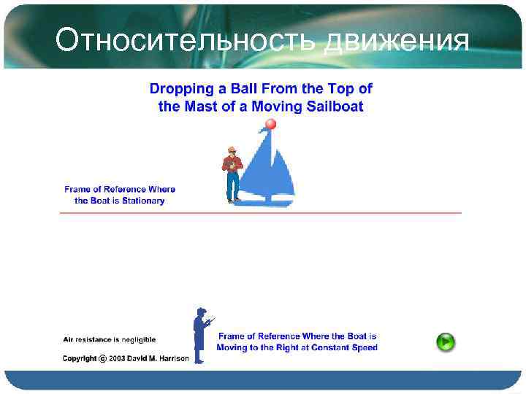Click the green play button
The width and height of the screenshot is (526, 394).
coord(446,341)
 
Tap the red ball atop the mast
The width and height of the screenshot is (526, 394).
coord(271,125)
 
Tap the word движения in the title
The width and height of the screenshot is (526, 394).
coord(395,41)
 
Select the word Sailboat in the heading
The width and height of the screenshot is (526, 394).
coord(337,107)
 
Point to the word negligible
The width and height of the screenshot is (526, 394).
coord(134,340)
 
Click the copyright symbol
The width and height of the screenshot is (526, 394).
coord(103,358)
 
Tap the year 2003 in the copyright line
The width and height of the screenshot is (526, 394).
coord(121,358)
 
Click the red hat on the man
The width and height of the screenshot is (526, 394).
coord(231,149)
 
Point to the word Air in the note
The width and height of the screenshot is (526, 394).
coord(68,340)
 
